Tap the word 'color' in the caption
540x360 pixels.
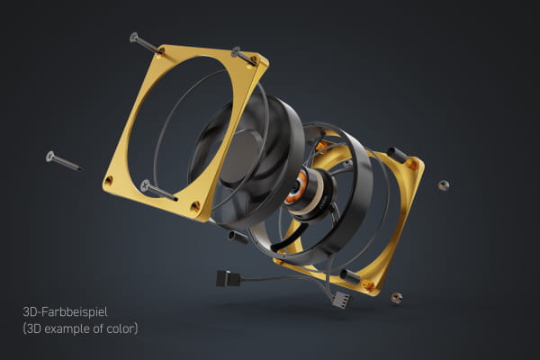pos(120,329)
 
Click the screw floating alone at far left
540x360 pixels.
pos(62,161)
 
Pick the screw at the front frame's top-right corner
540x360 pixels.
pos(244,56)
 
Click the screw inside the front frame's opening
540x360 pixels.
pos(157,190)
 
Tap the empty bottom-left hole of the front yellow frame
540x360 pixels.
pos(109,181)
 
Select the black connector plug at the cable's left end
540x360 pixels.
pos(226,278)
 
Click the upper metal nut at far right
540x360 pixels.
pos(443,184)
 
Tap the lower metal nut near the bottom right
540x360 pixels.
pos(396,297)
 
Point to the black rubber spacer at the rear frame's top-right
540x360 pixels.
pos(397,155)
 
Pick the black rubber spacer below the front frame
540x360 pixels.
pos(238,238)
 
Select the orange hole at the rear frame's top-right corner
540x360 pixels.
pos(411,165)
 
